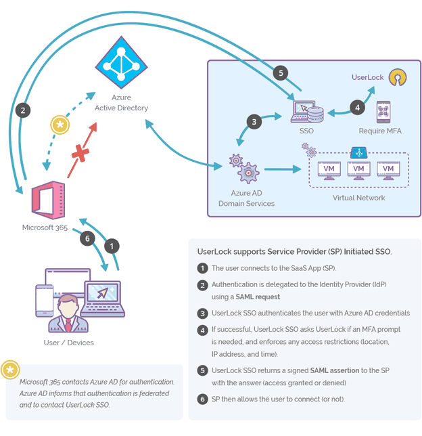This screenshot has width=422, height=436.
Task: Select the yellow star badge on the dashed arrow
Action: tap(60, 125)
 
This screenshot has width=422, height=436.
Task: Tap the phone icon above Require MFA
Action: tap(383, 110)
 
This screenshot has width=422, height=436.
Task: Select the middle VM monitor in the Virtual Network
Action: tap(359, 169)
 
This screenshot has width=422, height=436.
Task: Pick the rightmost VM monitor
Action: tap(388, 169)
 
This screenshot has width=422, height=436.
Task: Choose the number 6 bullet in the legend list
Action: tap(202, 399)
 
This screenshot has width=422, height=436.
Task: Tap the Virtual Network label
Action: tap(358, 198)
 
